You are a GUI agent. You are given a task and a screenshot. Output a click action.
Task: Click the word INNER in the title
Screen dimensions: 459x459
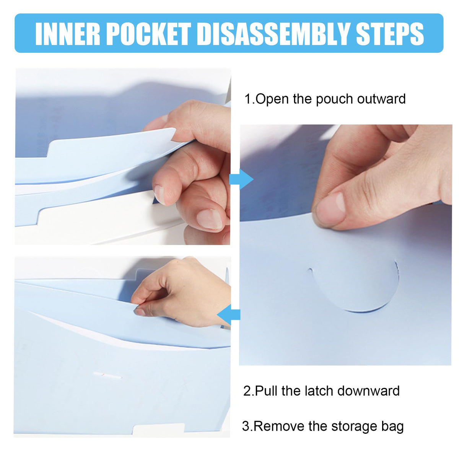(68, 34)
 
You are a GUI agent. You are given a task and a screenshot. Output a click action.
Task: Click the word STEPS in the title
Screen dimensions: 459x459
(390, 34)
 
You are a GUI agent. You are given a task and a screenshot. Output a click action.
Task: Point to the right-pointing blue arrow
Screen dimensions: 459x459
(241, 179)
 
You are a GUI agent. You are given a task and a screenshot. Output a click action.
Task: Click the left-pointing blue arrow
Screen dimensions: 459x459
(229, 315)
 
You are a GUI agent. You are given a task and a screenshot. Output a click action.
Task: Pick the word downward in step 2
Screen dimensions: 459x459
(368, 391)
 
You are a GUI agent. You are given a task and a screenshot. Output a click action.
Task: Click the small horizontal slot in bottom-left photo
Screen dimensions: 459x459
(107, 376)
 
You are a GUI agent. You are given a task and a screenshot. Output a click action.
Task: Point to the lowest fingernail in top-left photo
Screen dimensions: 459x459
(210, 219)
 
